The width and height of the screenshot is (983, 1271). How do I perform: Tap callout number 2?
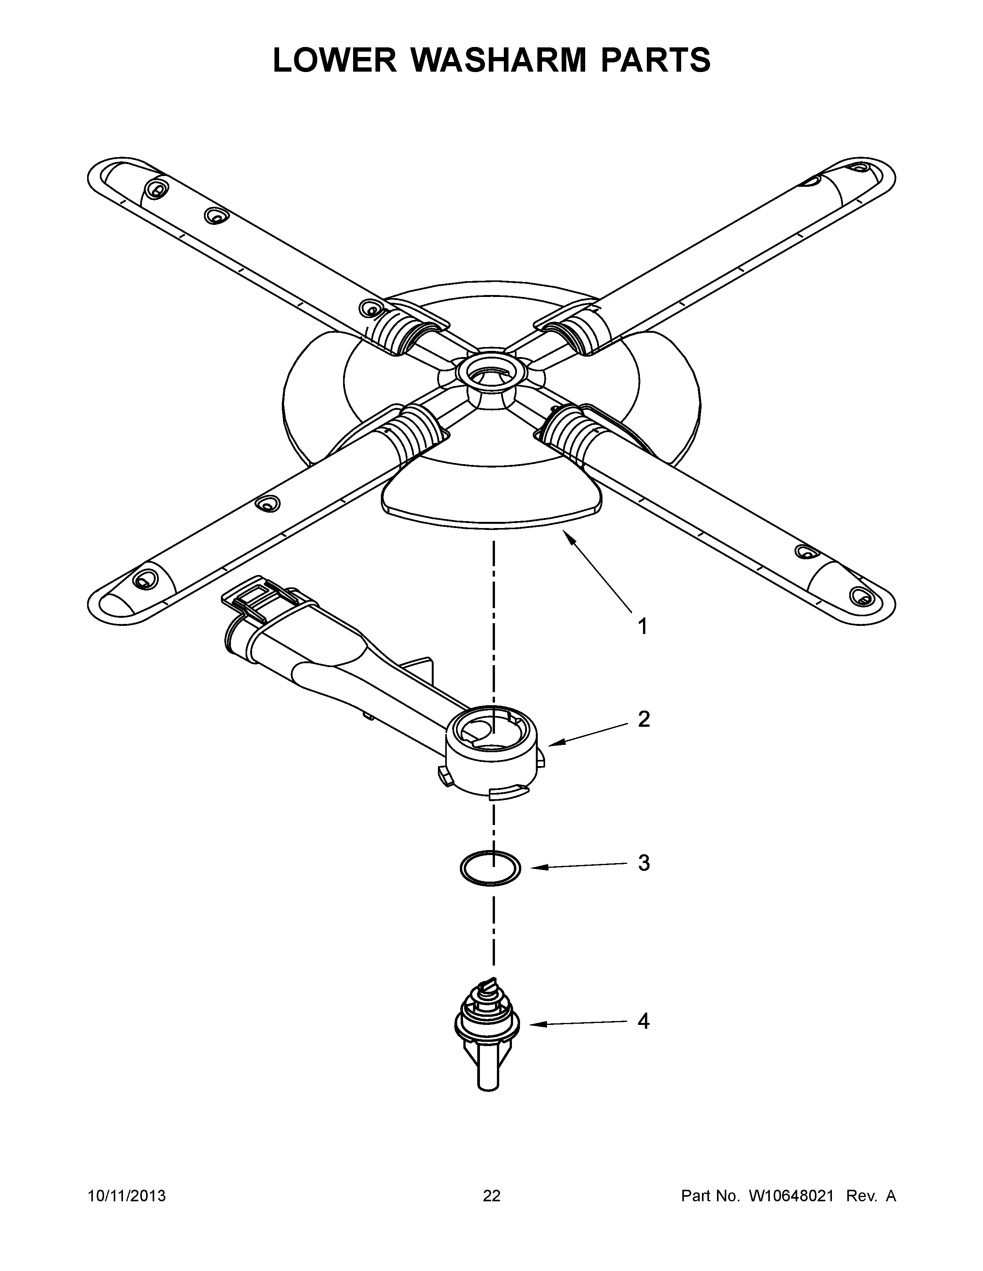pos(643,720)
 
